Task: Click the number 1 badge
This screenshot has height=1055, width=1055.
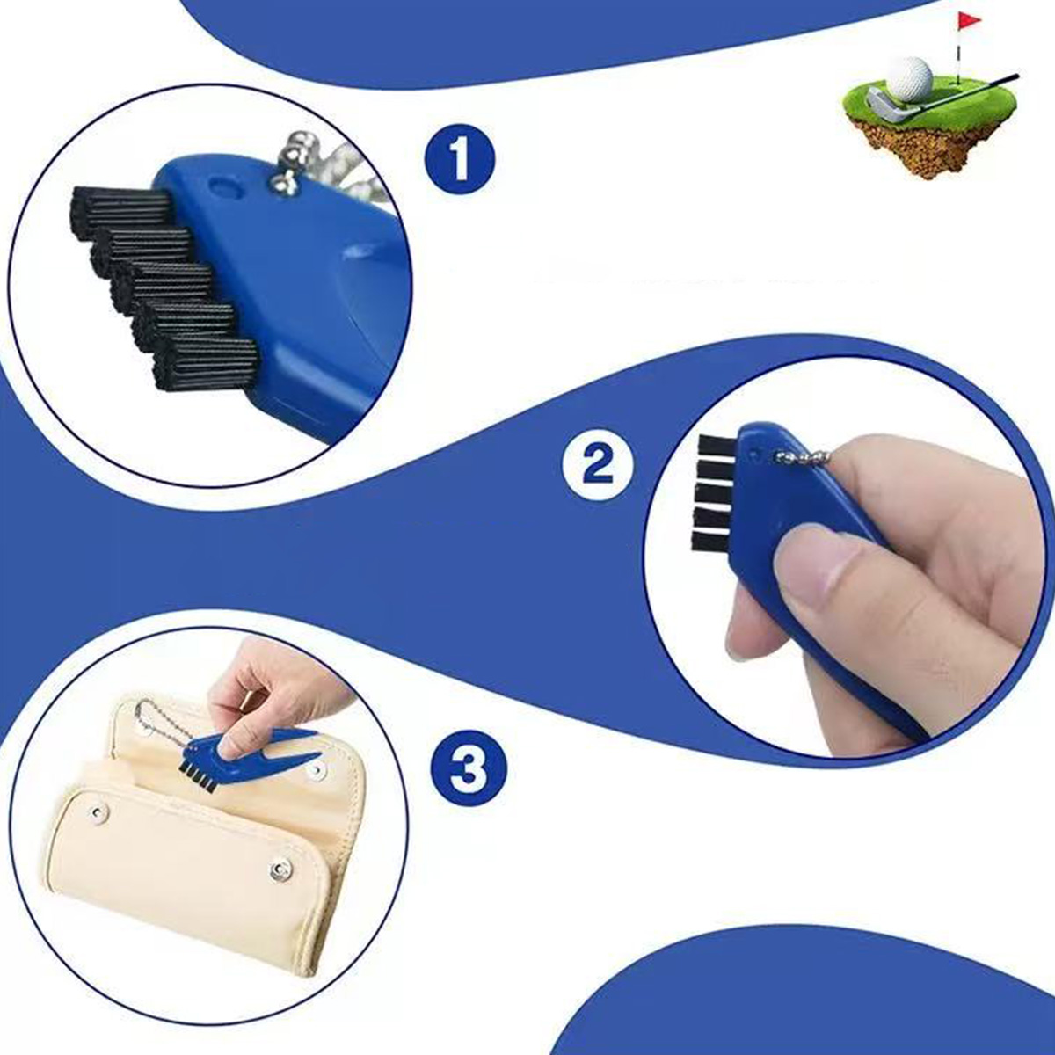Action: coord(459,160)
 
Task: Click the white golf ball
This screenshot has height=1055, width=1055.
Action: coord(911,81)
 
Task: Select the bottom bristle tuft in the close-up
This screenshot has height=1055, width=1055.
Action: coord(206,362)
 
